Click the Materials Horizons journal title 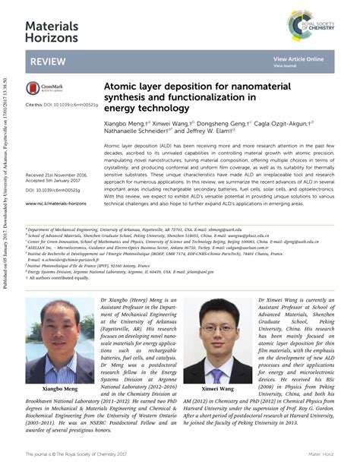[51, 31]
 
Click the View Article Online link [298, 58]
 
